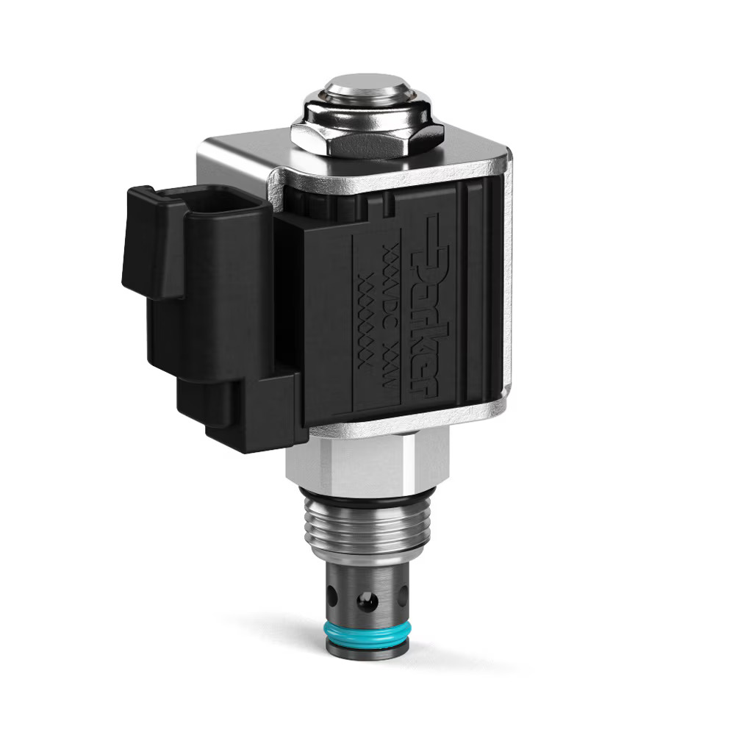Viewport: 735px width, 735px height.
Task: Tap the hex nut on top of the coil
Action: (367, 139)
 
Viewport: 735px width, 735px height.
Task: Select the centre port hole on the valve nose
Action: (365, 602)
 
